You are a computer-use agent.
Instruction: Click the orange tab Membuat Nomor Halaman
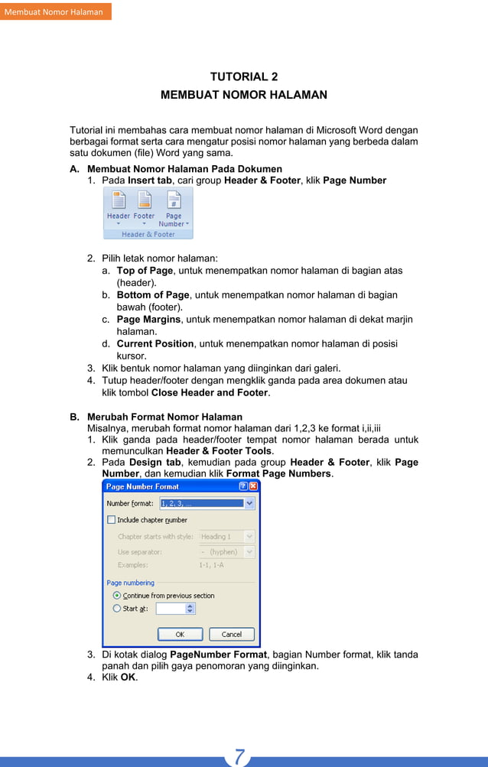54,11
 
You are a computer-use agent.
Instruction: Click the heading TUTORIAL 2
243,76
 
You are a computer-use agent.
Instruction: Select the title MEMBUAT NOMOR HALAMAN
243,96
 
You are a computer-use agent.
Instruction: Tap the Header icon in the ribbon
119,201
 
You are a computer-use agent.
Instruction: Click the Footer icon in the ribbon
144,201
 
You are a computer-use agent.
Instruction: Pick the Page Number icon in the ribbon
174,201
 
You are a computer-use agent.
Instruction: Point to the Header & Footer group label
148,235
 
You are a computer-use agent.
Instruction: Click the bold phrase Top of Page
145,271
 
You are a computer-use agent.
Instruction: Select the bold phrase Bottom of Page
152,295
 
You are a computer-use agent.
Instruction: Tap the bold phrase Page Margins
148,320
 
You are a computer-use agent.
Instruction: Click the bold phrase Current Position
155,344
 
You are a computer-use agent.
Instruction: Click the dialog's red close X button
253,486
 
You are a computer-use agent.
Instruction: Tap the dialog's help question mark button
242,486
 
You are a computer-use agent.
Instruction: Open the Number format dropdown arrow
249,504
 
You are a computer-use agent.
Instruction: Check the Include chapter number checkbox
112,520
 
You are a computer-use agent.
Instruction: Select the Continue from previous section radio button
116,596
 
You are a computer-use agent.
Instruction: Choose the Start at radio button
116,609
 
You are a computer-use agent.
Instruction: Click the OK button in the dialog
180,635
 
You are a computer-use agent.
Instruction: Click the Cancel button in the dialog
231,635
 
